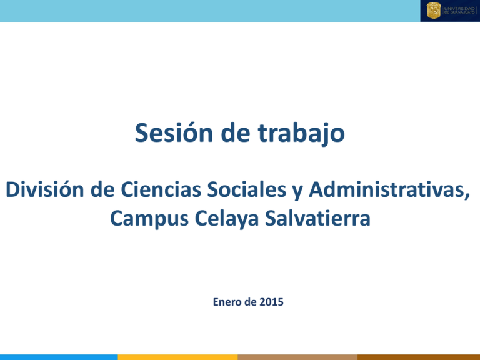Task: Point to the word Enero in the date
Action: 222,302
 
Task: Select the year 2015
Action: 271,302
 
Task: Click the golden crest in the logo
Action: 433,11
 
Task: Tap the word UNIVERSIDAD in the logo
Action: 459,7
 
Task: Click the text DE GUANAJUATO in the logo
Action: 459,14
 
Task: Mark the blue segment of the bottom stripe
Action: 59,357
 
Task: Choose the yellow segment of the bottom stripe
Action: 177,357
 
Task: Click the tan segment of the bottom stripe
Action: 297,357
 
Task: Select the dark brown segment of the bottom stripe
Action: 419,357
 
